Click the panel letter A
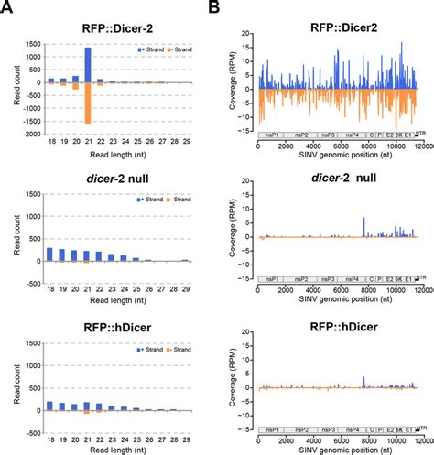(x=8, y=7)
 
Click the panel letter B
(x=221, y=7)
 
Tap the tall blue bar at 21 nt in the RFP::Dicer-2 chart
(x=112, y=64)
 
